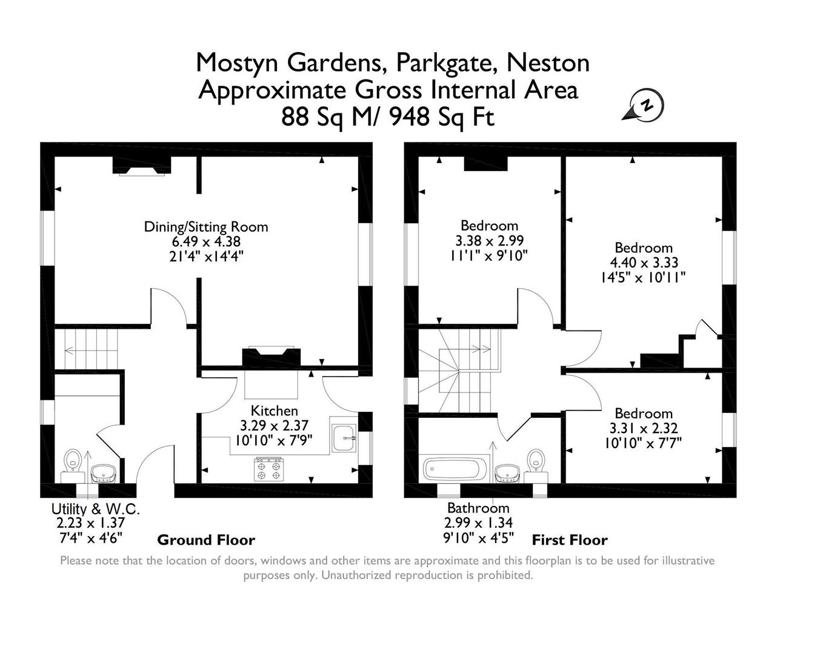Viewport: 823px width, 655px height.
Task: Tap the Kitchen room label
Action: (x=274, y=411)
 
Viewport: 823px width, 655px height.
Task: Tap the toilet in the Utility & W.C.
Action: (x=73, y=461)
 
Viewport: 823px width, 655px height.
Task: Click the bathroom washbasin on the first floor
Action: (x=507, y=473)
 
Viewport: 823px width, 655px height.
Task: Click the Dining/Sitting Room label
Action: (x=206, y=227)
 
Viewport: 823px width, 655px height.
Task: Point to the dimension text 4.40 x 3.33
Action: (x=644, y=263)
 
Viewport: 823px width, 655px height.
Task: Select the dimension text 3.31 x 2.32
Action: (x=644, y=429)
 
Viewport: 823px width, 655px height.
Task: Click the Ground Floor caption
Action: (x=206, y=540)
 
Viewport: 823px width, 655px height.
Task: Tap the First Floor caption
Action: (x=570, y=540)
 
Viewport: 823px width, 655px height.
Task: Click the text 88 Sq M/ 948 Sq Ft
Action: (x=388, y=117)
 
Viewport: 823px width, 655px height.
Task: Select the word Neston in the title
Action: (x=548, y=62)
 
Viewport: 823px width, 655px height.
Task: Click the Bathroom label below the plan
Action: (x=478, y=508)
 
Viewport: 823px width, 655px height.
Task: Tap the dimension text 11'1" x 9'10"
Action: (x=489, y=255)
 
